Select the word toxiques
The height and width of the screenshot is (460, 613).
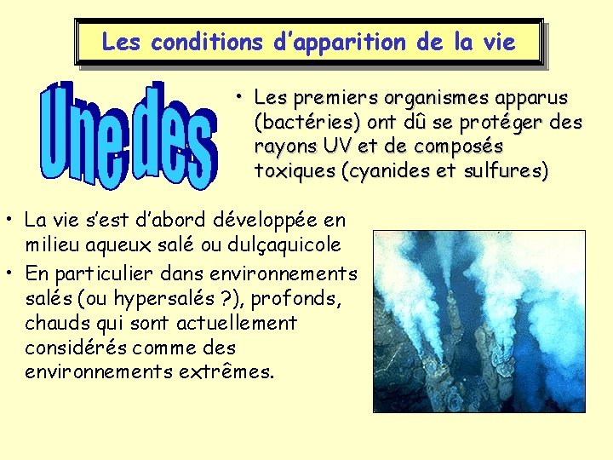coord(294,171)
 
